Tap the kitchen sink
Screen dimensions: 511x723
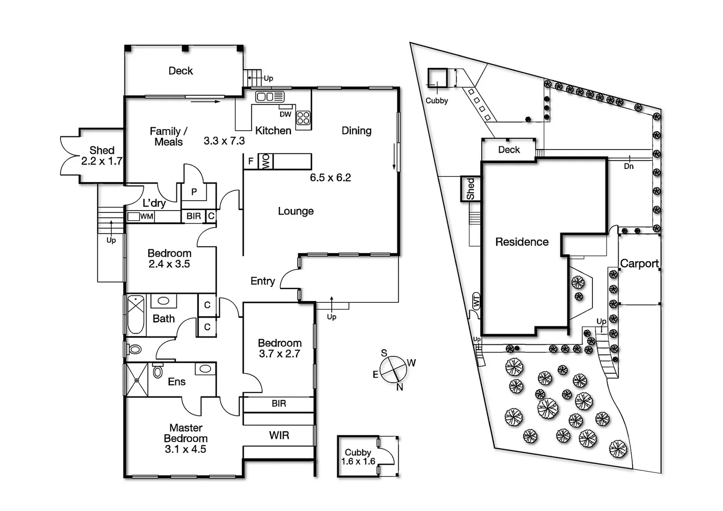269,97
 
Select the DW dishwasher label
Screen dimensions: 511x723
285,114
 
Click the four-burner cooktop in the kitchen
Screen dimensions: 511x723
303,118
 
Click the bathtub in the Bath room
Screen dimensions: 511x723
136,314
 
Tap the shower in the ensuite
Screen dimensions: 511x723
136,379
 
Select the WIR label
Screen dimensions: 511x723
279,435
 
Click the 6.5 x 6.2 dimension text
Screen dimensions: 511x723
330,177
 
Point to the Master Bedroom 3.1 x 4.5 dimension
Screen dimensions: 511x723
185,449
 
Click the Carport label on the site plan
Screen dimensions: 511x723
639,264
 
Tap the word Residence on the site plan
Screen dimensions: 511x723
522,242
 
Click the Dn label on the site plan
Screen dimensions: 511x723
628,166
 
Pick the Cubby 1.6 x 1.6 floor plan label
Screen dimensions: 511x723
358,457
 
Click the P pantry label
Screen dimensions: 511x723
194,192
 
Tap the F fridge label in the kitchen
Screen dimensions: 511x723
250,161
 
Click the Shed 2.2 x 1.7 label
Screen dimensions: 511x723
102,156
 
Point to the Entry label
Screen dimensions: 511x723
263,281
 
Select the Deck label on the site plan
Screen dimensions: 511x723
509,150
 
